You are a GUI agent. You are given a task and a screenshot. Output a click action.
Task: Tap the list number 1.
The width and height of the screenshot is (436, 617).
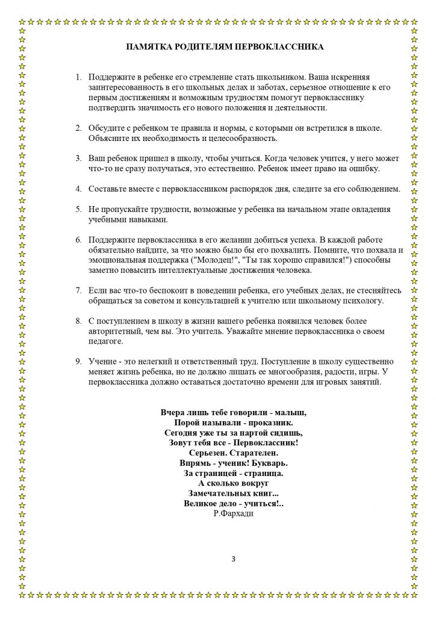(x=78, y=78)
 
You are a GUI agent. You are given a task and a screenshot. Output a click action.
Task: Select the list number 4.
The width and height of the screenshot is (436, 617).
(x=78, y=189)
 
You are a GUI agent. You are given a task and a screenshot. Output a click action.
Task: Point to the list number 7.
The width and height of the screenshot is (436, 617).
(x=78, y=290)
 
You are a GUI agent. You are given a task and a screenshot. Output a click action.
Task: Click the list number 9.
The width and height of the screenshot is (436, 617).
(x=78, y=362)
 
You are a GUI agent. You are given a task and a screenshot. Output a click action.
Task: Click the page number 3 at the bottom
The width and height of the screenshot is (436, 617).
(x=233, y=559)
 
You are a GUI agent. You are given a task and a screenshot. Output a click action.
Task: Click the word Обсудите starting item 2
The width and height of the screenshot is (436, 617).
(x=106, y=128)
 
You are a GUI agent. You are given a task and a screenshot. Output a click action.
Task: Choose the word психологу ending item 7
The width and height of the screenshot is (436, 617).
(x=363, y=301)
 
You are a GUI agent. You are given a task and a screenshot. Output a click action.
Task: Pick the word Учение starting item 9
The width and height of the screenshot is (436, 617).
(x=103, y=362)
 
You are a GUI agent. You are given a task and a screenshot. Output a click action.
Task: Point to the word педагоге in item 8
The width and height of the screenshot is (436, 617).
(x=105, y=342)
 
